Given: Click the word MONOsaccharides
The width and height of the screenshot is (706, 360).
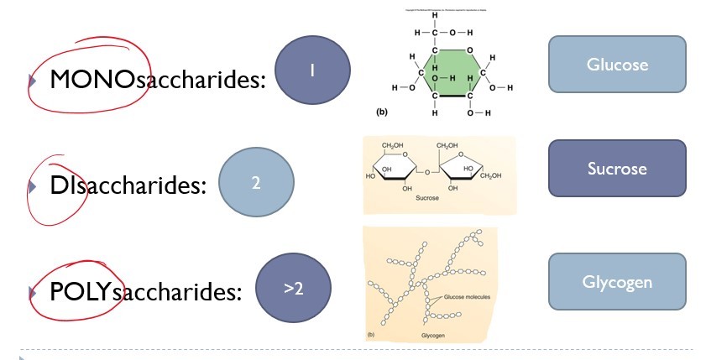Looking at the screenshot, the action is click(x=157, y=80).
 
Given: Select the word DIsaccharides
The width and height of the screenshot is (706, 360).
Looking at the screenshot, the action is click(x=128, y=185).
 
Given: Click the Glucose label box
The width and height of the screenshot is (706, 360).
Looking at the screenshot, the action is click(x=617, y=64).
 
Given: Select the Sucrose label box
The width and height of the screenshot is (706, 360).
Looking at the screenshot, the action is click(x=617, y=169).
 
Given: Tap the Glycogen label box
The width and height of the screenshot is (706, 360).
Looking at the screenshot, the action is click(x=617, y=282).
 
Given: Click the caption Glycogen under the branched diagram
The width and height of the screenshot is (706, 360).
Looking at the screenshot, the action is click(x=432, y=335).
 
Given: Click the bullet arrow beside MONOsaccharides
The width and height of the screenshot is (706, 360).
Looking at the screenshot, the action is click(x=32, y=81).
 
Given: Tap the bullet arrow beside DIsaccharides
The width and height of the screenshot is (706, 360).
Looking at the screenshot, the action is click(x=32, y=186).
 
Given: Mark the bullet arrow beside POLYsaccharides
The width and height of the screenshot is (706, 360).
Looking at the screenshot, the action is click(x=32, y=292).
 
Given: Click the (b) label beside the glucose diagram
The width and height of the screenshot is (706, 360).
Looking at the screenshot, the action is click(x=383, y=111).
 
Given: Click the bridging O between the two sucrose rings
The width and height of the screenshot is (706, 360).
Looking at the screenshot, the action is click(x=427, y=173).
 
